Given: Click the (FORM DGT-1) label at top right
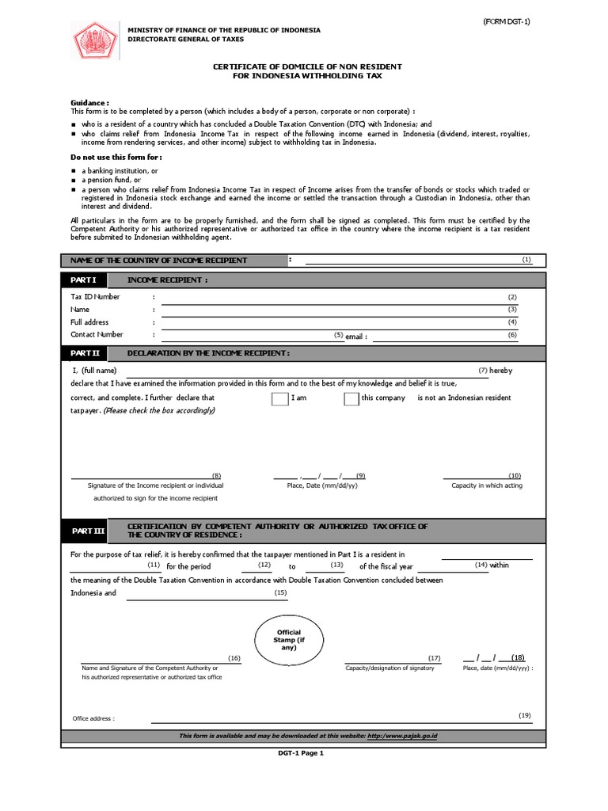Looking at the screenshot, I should (507, 21).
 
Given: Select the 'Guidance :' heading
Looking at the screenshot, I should (89, 103).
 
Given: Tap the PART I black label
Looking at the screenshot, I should (84, 280).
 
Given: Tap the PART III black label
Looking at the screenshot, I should (88, 531).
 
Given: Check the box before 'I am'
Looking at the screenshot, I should (279, 398).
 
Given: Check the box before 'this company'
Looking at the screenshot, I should (351, 398).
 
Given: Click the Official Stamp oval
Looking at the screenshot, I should (288, 639).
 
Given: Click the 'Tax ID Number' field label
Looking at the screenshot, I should (95, 297).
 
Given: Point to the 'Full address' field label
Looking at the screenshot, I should (89, 322).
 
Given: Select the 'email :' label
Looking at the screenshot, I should (356, 337).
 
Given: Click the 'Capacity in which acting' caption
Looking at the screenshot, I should (487, 485).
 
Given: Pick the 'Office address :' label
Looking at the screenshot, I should (93, 718).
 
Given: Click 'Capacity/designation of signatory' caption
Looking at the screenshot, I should (389, 668).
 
